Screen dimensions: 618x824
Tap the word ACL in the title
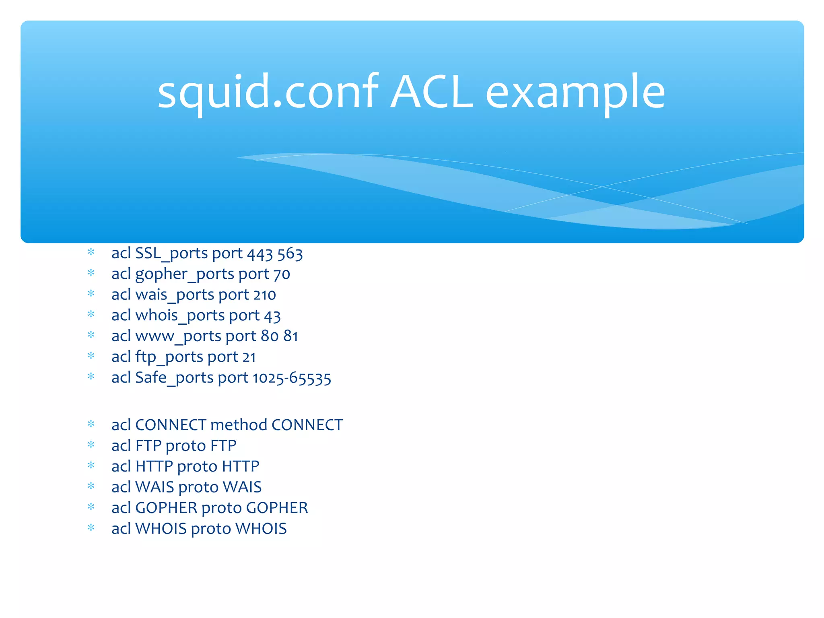pyautogui.click(x=432, y=93)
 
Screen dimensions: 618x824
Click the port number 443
pyautogui.click(x=260, y=254)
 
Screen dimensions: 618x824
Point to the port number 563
pyautogui.click(x=290, y=254)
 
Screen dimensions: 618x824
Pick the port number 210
pyautogui.click(x=264, y=295)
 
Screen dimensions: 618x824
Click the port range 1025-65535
pyautogui.click(x=292, y=378)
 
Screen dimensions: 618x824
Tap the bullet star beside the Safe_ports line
pyautogui.click(x=91, y=377)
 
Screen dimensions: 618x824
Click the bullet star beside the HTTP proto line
pyautogui.click(x=91, y=466)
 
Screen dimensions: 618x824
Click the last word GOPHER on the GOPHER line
pyautogui.click(x=277, y=508)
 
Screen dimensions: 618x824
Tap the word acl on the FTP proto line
pyautogui.click(x=121, y=446)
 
